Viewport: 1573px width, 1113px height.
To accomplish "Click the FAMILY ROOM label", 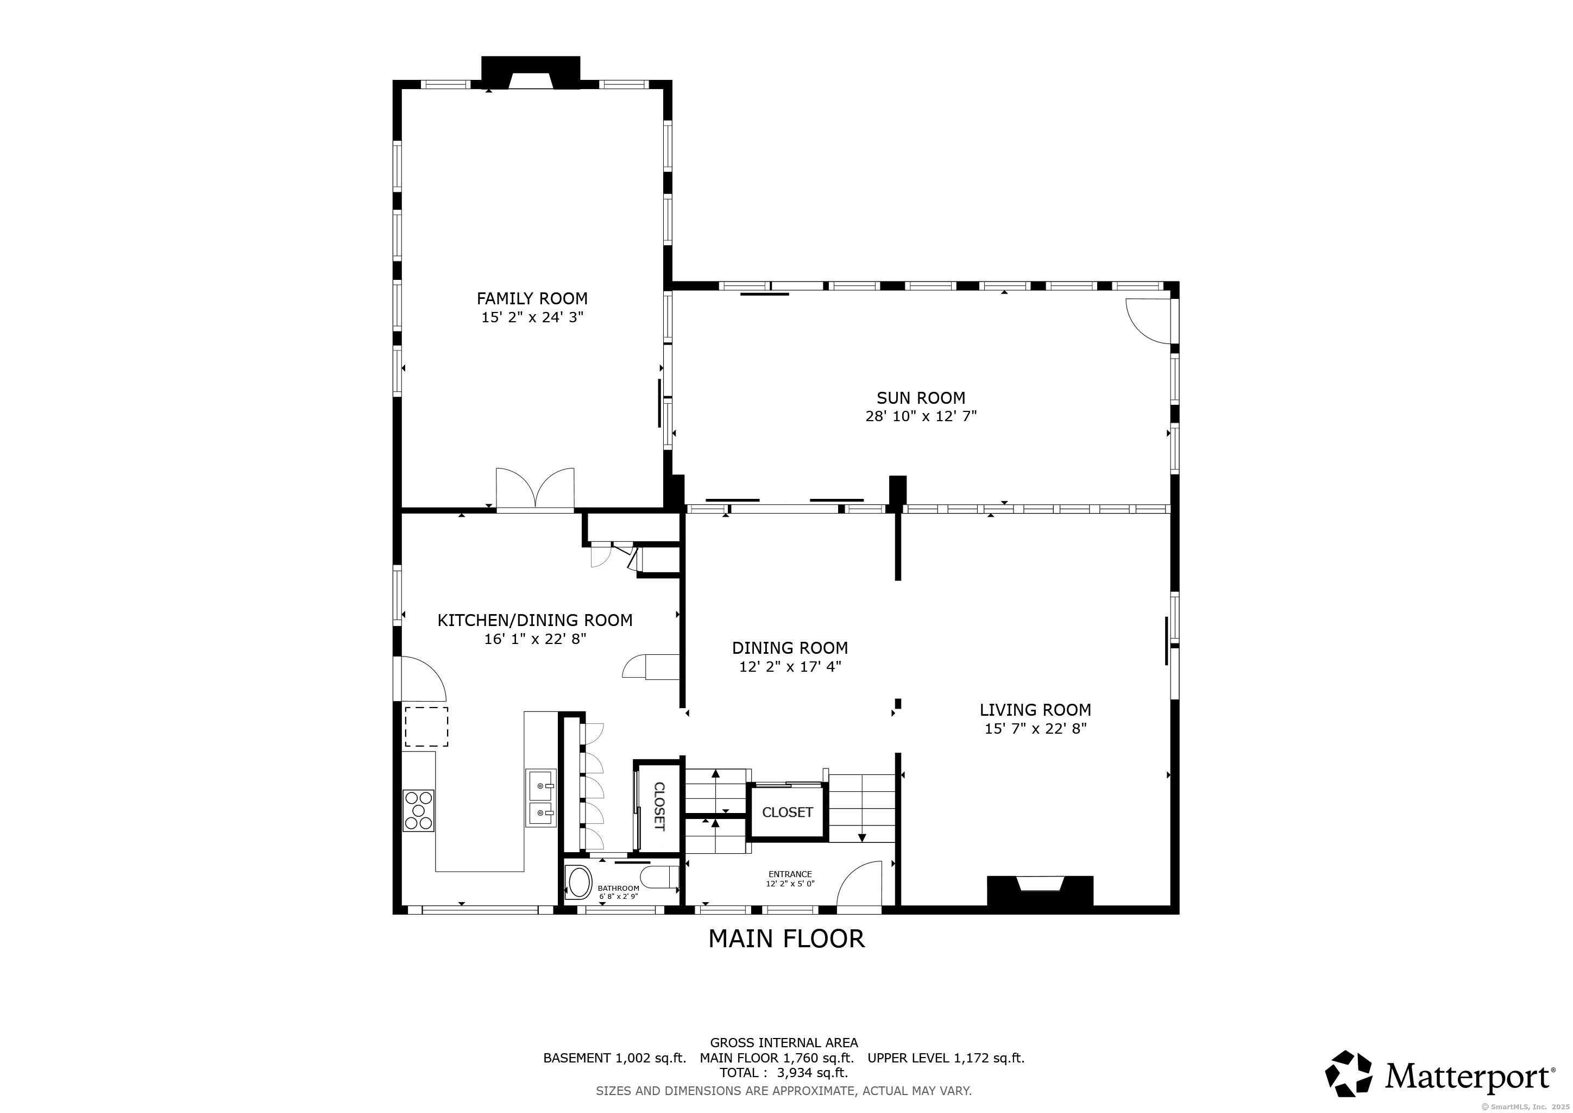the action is click(532, 299).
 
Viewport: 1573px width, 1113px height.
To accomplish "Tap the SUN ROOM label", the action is click(921, 398).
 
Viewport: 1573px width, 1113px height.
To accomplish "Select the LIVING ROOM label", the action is click(1035, 710).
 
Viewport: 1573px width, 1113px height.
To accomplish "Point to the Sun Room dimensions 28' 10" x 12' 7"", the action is click(921, 416).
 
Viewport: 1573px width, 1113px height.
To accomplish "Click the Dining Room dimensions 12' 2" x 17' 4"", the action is click(790, 666).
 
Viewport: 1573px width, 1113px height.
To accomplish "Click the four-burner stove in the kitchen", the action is click(418, 811).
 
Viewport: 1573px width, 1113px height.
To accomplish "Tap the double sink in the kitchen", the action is click(541, 799).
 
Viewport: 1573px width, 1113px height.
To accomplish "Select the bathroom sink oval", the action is click(579, 884).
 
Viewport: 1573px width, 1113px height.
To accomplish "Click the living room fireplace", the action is click(1040, 892).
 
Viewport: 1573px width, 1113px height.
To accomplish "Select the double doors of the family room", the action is click(535, 488).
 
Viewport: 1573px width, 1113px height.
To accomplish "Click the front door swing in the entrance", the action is click(859, 886).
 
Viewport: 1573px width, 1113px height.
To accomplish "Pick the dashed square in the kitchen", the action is click(426, 727).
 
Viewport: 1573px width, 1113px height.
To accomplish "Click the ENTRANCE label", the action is click(790, 874).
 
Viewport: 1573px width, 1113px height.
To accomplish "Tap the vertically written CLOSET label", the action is click(659, 806).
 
